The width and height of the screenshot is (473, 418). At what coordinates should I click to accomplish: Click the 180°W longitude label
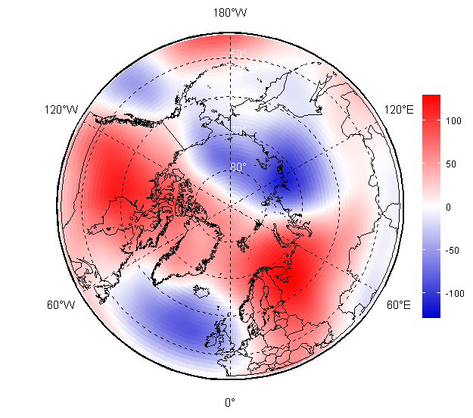tap(230, 13)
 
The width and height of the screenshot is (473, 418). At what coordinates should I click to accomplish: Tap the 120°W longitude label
tap(61, 110)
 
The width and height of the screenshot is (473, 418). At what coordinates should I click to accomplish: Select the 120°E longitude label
tap(399, 110)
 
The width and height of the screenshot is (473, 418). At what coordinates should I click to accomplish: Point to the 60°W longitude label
tap(61, 305)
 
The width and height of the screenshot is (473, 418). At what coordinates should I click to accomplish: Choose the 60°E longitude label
tap(399, 305)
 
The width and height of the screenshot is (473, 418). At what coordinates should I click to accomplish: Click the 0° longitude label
tap(230, 402)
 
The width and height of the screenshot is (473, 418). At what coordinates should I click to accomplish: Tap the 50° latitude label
tap(238, 53)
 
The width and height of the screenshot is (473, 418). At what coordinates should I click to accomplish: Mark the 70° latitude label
tap(238, 130)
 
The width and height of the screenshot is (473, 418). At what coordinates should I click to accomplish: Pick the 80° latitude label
tap(238, 167)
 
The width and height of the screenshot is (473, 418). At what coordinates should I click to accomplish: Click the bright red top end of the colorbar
tap(431, 99)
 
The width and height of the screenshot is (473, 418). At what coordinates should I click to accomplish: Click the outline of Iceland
tap(201, 291)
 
